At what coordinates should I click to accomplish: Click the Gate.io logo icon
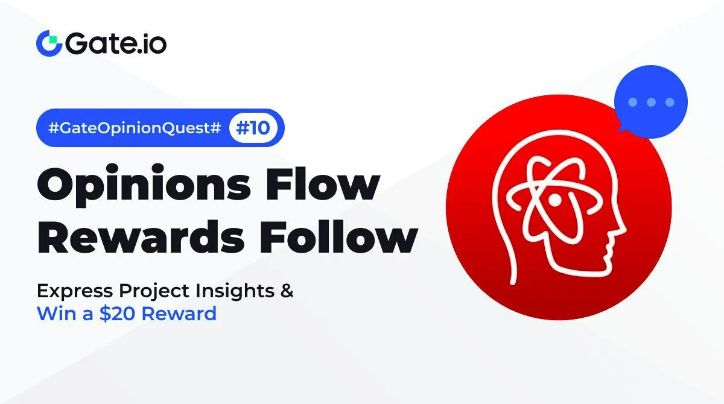point(49,43)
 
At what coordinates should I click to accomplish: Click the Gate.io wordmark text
point(116,43)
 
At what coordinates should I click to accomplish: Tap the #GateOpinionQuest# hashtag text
point(135,128)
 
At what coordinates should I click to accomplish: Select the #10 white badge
point(253,128)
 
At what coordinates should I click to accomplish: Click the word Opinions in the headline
point(144,185)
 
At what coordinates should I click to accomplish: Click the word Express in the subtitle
point(75,291)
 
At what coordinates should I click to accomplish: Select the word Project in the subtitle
point(154,292)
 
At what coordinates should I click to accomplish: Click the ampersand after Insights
point(287,291)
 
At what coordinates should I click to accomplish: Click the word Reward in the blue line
point(179,314)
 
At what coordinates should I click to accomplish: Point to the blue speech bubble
point(650,102)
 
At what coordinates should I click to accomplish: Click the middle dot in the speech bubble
point(651,103)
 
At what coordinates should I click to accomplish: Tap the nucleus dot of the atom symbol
point(554,201)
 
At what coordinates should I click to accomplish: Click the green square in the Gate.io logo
point(53,40)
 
